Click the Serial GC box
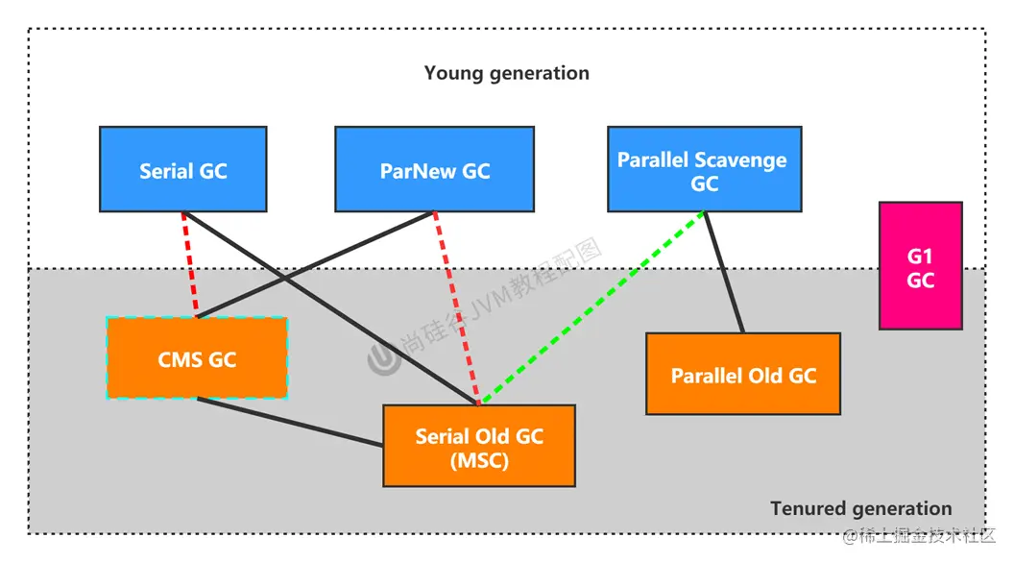pyautogui.click(x=182, y=169)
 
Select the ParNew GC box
pyautogui.click(x=434, y=169)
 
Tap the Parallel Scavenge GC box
pyautogui.click(x=704, y=169)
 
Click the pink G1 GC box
pyautogui.click(x=920, y=266)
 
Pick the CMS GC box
pyautogui.click(x=197, y=358)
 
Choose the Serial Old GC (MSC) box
pyautogui.click(x=478, y=446)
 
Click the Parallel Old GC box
pyautogui.click(x=742, y=374)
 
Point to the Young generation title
pyautogui.click(x=506, y=73)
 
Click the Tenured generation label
pyautogui.click(x=860, y=508)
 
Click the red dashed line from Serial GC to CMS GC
pyautogui.click(x=189, y=264)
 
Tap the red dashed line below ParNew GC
pyautogui.click(x=456, y=307)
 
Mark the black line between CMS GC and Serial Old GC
pyautogui.click(x=288, y=422)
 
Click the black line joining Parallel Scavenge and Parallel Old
pyautogui.click(x=724, y=272)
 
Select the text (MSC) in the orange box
pyautogui.click(x=478, y=460)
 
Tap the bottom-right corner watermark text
pyautogui.click(x=922, y=535)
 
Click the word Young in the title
pyautogui.click(x=452, y=73)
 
